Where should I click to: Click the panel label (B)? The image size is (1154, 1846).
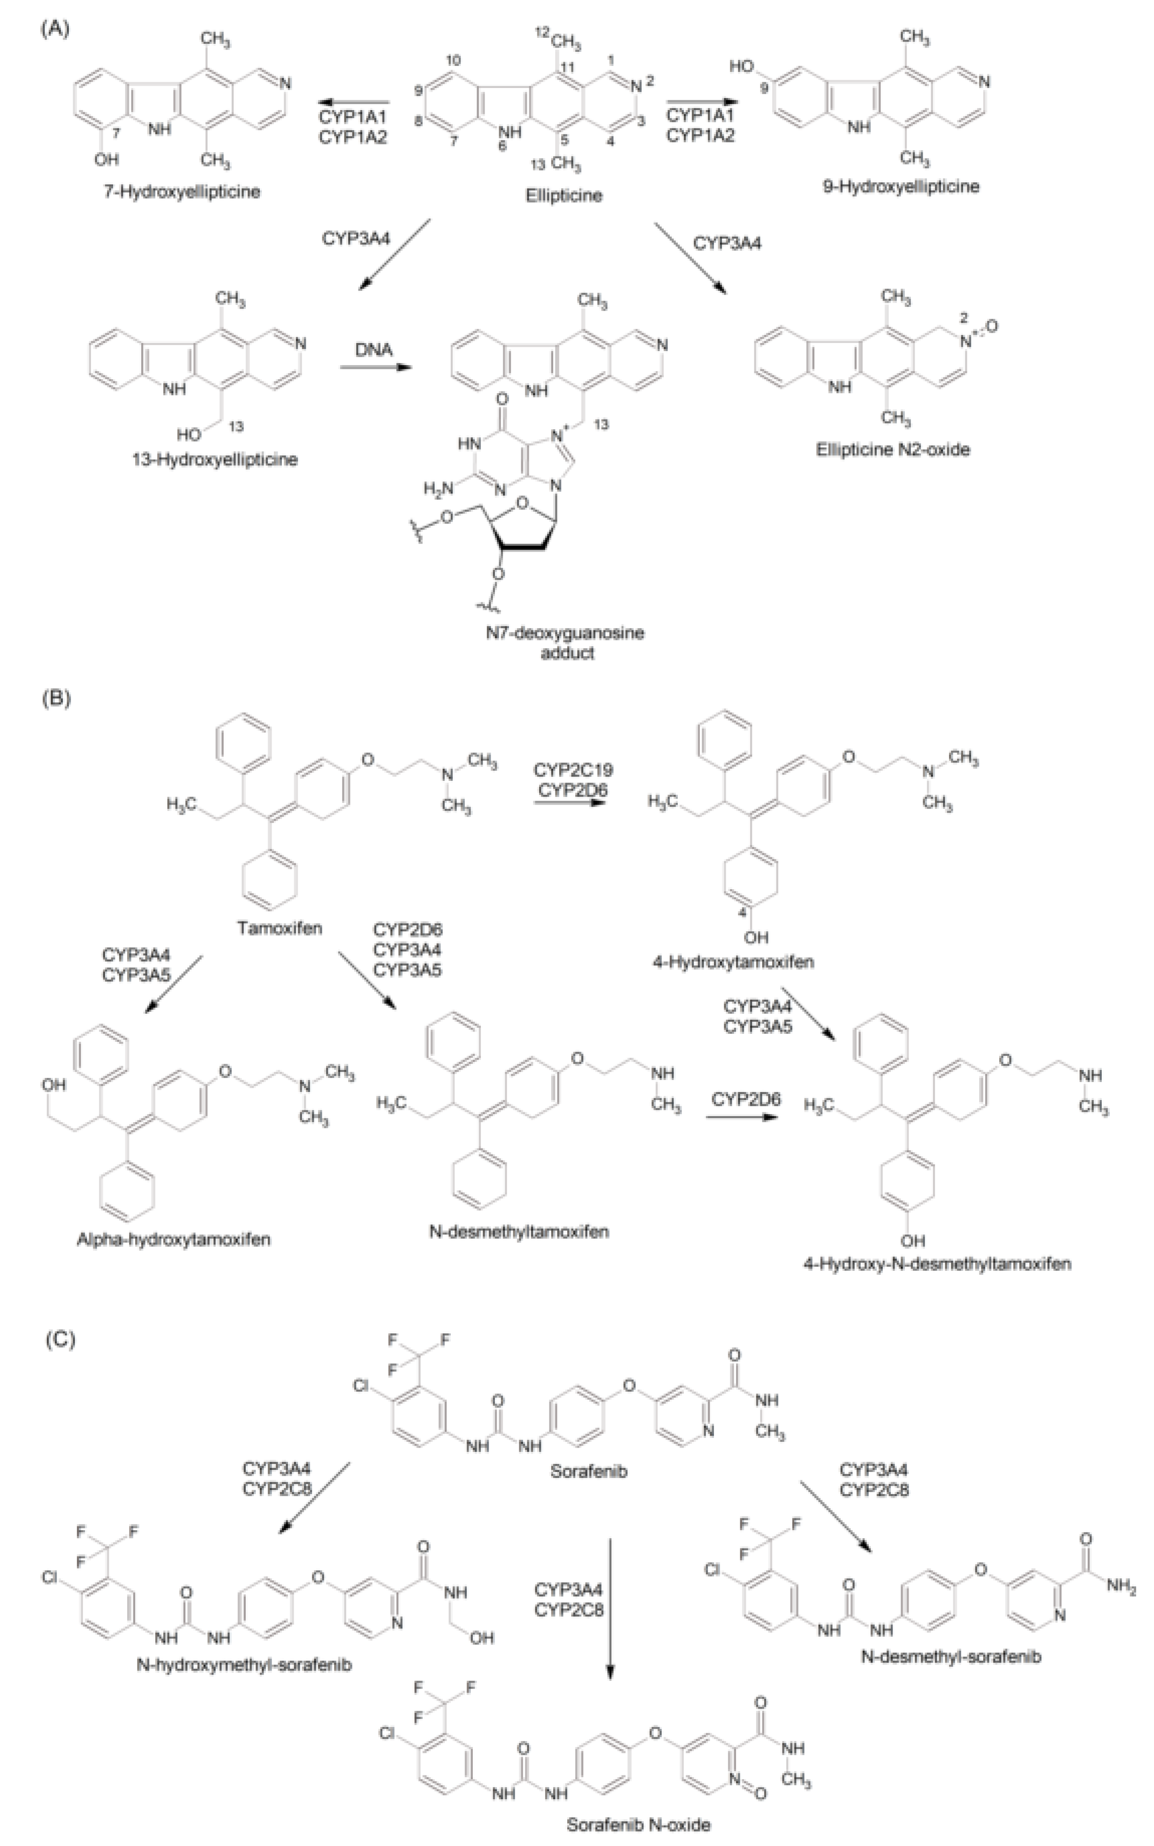[x=55, y=698]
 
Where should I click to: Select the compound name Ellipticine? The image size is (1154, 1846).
[x=563, y=196]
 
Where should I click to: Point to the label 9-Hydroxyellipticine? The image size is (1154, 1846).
[x=901, y=186]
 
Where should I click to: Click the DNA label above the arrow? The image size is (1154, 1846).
[x=374, y=349]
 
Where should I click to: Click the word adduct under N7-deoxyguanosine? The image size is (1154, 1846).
[x=567, y=653]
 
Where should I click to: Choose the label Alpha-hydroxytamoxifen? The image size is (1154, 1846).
[x=174, y=1239]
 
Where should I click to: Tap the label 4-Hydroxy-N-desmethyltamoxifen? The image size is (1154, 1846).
[x=937, y=1263]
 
